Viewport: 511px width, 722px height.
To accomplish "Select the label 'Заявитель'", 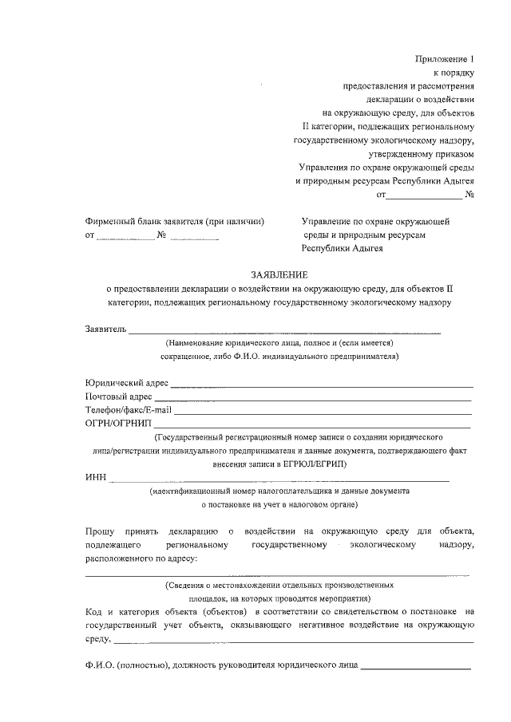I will coord(105,329).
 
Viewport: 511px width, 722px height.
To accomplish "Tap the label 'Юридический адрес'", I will coord(126,383).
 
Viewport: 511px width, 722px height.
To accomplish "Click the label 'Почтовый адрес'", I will coord(118,397).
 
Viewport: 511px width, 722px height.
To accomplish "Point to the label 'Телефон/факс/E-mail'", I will coord(129,410).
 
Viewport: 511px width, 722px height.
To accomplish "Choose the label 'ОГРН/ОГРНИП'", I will coord(117,424).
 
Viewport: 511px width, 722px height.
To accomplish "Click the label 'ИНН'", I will coord(95,478).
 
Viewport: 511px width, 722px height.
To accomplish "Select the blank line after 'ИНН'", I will coord(279,480).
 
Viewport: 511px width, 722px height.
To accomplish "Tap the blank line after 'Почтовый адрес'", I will coord(312,399).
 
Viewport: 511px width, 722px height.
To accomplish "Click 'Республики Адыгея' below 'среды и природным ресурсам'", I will coord(342,248).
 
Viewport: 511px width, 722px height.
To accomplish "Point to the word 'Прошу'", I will coord(99,531).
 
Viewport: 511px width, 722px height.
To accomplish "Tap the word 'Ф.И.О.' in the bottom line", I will coord(99,665).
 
